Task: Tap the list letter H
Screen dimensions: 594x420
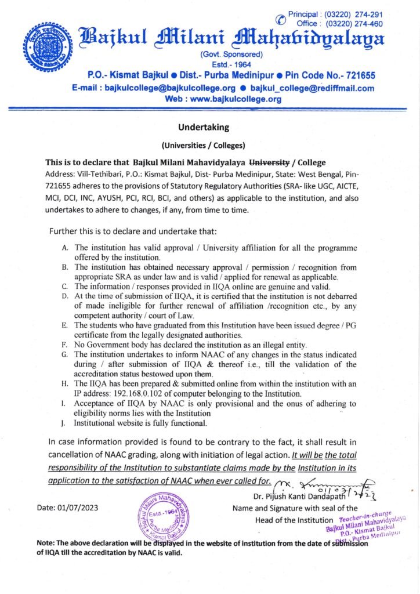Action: point(64,384)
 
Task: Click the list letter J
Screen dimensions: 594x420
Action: point(63,424)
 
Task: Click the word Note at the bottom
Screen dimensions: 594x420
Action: point(45,543)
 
